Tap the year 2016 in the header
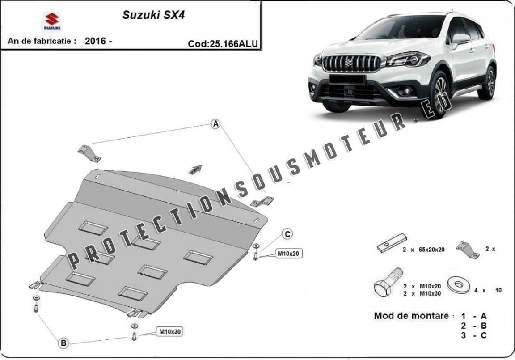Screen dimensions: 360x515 [x=95, y=41]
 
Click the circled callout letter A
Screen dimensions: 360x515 [x=216, y=124]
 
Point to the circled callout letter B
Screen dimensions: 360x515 [x=63, y=343]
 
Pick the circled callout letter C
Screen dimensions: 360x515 [x=287, y=233]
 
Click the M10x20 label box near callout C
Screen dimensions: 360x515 [x=288, y=254]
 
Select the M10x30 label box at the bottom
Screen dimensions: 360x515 [x=169, y=332]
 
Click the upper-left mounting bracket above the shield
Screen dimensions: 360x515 [x=89, y=153]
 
